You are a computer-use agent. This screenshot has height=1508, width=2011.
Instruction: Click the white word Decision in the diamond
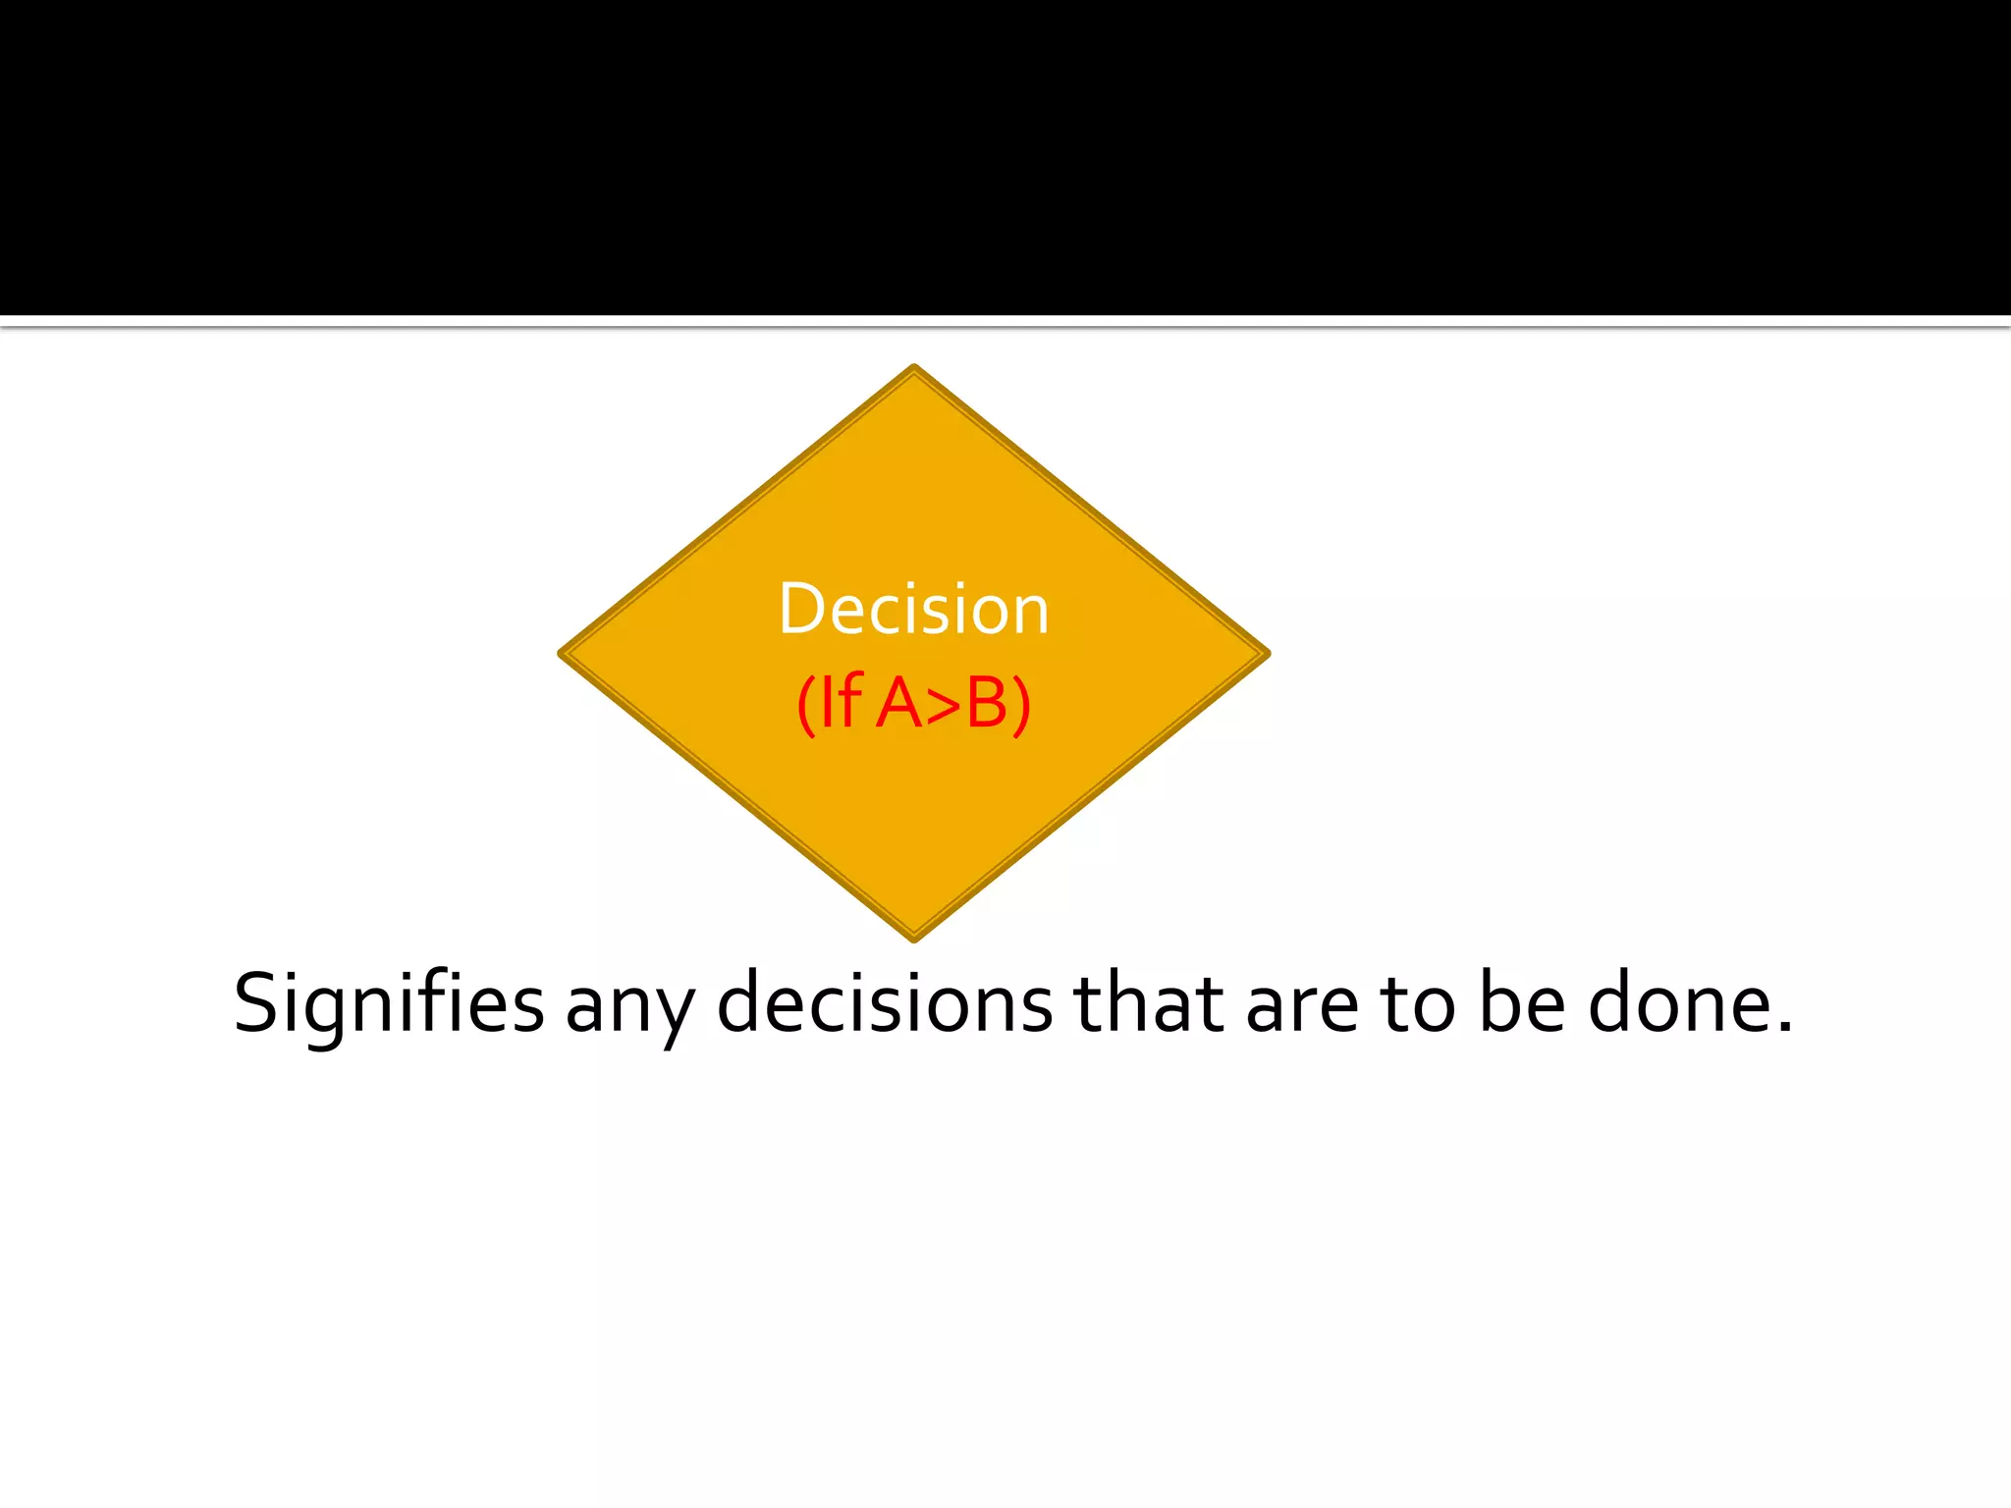(913, 610)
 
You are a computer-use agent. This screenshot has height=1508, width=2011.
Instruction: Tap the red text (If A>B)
(913, 703)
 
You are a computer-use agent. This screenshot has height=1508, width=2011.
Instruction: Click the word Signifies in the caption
(389, 1004)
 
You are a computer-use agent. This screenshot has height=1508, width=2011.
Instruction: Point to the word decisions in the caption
(885, 1004)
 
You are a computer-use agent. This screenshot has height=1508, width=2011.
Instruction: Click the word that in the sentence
(1149, 1004)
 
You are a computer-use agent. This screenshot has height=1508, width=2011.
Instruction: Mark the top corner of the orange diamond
(914, 368)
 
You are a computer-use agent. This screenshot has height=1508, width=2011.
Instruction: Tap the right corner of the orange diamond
(1267, 653)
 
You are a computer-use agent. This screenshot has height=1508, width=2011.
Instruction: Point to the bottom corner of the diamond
(914, 938)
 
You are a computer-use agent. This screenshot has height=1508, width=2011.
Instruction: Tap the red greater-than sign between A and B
(943, 705)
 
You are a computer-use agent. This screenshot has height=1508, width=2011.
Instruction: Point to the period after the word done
(1784, 1028)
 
